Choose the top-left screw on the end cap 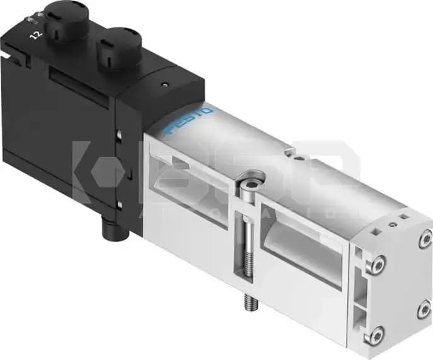click(x=377, y=266)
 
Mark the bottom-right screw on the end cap click(x=424, y=310)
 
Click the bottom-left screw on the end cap click(x=376, y=335)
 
